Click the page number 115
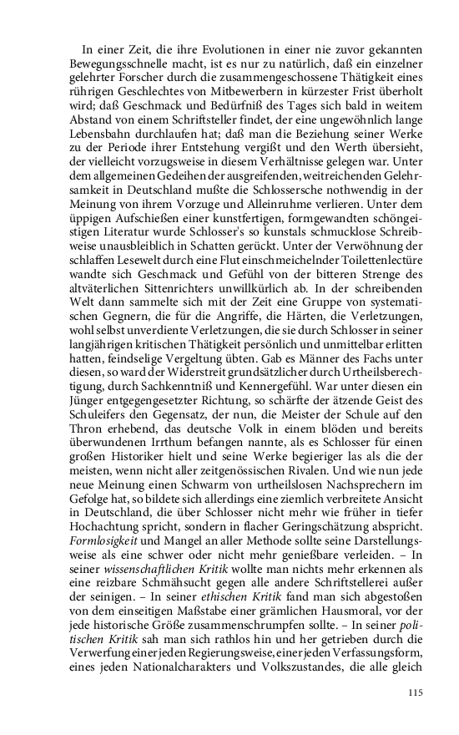pos(416,692)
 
